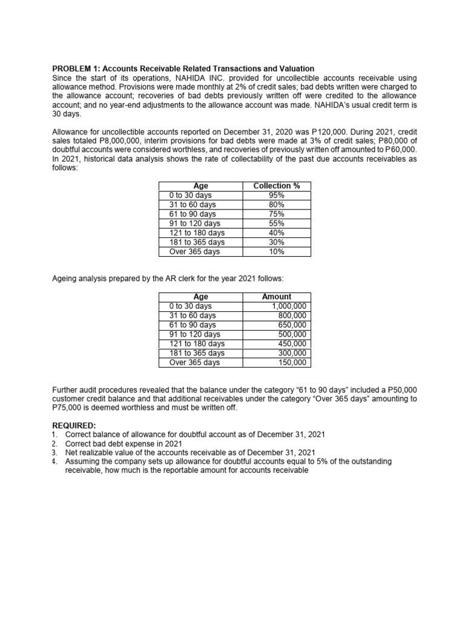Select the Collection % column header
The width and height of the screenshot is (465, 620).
(276, 186)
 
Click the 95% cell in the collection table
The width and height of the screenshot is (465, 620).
(276, 196)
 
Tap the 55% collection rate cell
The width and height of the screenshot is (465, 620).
(276, 223)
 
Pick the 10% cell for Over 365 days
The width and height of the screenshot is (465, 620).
(276, 251)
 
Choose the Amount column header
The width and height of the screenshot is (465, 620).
(276, 297)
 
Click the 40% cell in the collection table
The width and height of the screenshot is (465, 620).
(276, 232)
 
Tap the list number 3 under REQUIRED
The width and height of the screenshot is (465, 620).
(54, 452)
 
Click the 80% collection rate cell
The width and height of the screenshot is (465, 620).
(276, 205)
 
